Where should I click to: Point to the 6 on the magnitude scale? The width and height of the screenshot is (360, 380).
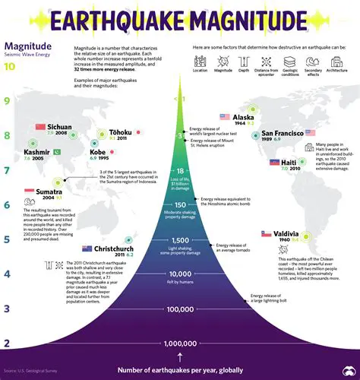tap(6, 204)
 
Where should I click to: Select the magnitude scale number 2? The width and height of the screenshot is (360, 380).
tap(6, 344)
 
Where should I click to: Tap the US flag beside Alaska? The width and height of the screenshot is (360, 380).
tap(225, 117)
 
